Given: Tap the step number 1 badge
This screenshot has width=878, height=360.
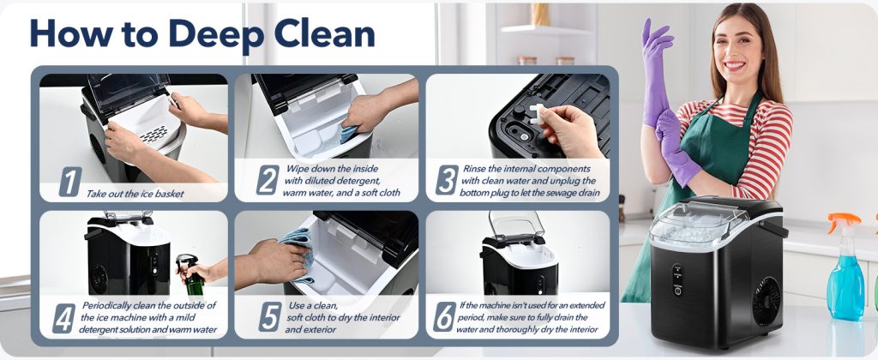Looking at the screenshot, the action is point(70,182).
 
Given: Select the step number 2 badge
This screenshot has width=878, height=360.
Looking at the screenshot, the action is point(268,180).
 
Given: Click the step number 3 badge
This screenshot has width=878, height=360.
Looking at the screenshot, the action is point(447,180).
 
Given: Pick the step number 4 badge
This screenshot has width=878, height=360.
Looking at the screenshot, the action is point(63,319).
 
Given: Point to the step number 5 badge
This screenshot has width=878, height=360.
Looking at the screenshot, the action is point(270,317).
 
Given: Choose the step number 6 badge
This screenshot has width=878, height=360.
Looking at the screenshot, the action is point(445,317).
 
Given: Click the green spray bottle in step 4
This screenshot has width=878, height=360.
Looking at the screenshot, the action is point(192,275).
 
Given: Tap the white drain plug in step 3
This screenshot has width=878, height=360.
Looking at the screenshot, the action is point(537,116).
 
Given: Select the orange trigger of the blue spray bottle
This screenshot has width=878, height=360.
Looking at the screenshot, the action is point(843,223).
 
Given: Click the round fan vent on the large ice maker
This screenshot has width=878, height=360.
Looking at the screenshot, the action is point(767,301).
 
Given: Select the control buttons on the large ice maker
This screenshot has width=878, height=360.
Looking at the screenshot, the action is point(677,280).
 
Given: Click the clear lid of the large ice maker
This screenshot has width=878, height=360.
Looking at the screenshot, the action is point(699,222).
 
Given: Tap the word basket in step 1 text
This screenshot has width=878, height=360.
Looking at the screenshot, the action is point(169,195).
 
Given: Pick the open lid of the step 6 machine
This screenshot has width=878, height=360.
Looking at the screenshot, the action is point(515,225).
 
